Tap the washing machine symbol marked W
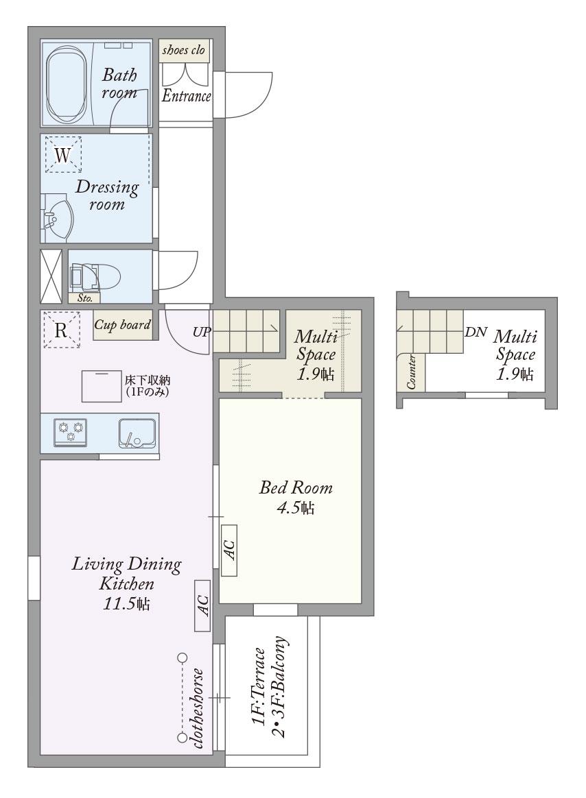(x=62, y=154)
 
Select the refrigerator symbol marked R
(x=61, y=330)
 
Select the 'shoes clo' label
(x=183, y=50)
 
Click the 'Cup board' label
(x=123, y=325)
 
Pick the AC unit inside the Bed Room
(x=229, y=550)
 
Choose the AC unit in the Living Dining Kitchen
(x=202, y=605)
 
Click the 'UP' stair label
(x=202, y=332)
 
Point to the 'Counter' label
(x=411, y=372)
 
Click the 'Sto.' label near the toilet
(x=85, y=298)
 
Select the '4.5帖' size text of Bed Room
(x=296, y=508)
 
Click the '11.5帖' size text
(x=126, y=604)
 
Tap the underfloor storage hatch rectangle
(x=102, y=386)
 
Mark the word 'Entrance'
(x=186, y=96)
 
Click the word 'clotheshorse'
(x=198, y=708)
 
